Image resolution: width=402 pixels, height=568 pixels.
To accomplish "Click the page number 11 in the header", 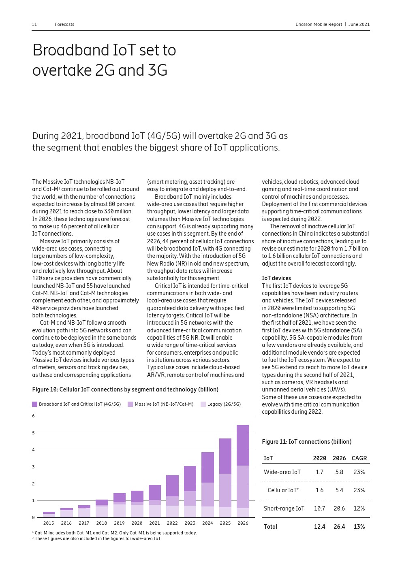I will point(34,24).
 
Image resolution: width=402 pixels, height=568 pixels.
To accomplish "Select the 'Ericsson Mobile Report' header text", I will point(319,24).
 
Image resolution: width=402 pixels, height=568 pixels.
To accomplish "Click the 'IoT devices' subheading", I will point(276,278).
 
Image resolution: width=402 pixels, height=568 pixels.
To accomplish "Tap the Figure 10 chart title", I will point(125,389).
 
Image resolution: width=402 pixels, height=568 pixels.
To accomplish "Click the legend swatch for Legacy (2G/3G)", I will point(203,404).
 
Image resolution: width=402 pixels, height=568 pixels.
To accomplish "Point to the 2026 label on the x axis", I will point(243,523).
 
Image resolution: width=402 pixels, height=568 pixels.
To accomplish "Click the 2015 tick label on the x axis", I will point(49,523).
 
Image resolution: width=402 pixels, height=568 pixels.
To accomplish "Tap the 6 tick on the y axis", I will point(33,416).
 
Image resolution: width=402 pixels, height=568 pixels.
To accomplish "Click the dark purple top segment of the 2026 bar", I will point(243,445).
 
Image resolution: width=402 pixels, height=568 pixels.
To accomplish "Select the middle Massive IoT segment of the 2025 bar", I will point(225,490).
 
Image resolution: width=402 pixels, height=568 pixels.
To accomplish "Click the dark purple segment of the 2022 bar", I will point(172,486).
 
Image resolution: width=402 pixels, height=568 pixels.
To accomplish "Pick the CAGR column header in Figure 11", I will point(359,458).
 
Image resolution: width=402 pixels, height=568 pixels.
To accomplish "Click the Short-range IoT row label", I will point(284,508).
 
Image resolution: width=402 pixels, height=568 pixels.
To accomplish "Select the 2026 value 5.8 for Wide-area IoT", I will point(339,472).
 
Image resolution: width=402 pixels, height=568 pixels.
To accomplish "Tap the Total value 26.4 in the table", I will point(339,527).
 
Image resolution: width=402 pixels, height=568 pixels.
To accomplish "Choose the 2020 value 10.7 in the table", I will point(319,508).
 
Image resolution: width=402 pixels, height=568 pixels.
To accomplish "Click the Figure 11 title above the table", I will point(306,442).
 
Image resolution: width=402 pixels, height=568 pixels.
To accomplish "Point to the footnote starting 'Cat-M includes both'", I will point(115,533).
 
